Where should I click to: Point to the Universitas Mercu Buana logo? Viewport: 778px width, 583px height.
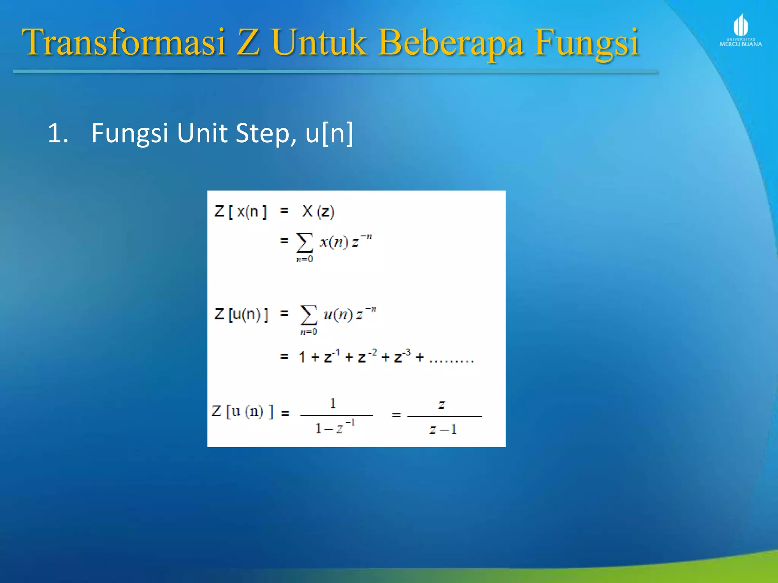pos(740,30)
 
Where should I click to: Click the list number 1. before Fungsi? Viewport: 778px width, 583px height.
pos(58,133)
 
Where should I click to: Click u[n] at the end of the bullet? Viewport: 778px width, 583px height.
pos(329,133)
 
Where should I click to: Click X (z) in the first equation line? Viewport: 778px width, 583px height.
pos(318,211)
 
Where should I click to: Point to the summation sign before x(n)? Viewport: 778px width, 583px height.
pos(305,242)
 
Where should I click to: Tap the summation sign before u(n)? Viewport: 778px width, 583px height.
pos(308,315)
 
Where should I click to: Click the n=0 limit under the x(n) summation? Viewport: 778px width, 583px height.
pos(305,260)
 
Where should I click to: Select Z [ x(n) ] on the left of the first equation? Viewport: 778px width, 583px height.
pos(241,211)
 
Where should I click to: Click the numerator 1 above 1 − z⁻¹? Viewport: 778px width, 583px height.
pos(333,403)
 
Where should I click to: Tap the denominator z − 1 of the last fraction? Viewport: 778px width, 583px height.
pos(443,429)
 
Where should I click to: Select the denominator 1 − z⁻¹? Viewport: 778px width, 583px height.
pos(335,427)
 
